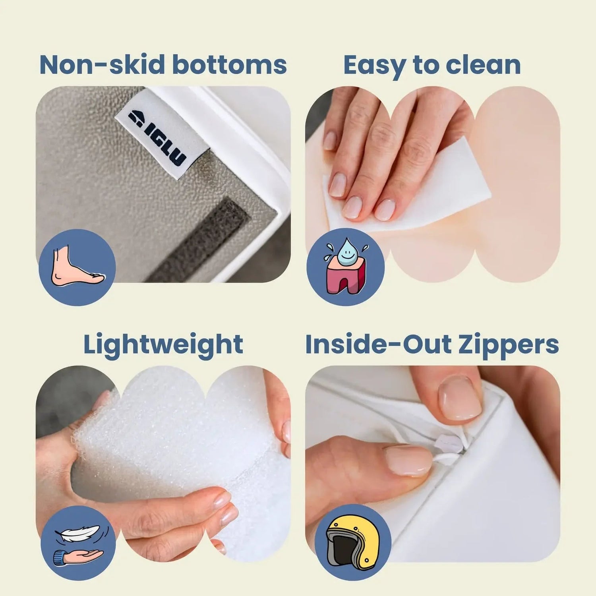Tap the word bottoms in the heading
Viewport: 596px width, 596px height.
(x=230, y=65)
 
